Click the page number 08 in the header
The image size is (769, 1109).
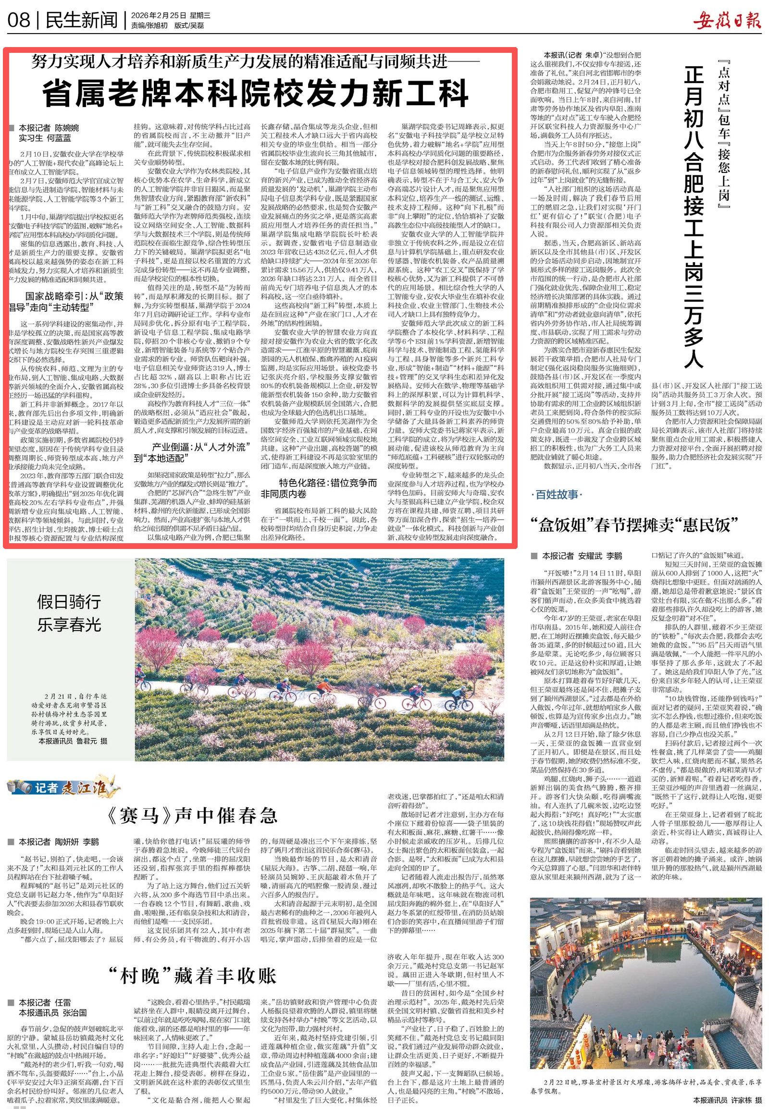point(19,20)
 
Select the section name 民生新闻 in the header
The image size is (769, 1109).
point(81,20)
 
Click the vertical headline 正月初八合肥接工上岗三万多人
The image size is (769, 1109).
point(694,217)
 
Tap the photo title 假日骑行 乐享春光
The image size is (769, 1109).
point(69,612)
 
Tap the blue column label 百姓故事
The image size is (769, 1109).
point(557,495)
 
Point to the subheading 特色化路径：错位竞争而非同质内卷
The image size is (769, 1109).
point(319,488)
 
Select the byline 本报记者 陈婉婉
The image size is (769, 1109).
point(48,128)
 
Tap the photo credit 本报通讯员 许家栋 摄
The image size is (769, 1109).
point(728,1100)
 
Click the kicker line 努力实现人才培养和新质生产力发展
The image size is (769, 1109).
point(255,61)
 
